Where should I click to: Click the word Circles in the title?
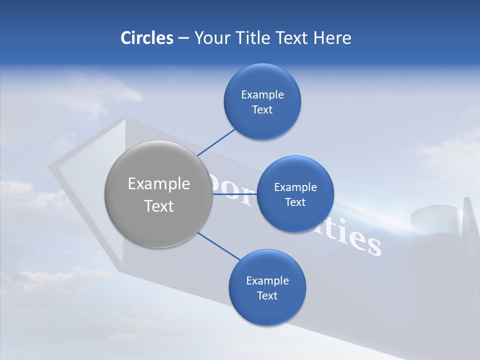(146, 38)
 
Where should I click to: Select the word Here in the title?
(332, 38)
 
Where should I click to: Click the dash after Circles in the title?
(183, 38)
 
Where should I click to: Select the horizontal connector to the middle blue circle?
(235, 194)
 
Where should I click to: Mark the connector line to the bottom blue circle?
(219, 246)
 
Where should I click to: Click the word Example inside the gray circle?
(158, 184)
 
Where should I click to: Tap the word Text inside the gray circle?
(158, 206)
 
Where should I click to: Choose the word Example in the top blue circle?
(262, 95)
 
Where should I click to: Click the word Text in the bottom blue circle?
(267, 295)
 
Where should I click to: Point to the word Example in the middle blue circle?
(295, 187)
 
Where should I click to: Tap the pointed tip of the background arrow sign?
(52, 167)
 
